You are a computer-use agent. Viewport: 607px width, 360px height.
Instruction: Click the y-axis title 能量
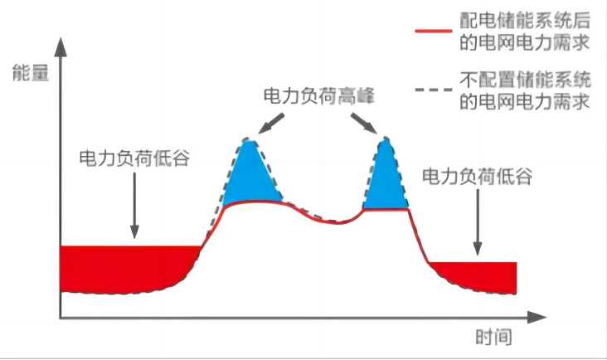click(31, 73)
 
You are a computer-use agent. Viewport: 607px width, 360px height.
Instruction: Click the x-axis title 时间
click(493, 337)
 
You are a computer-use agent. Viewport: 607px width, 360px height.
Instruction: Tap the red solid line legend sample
click(433, 31)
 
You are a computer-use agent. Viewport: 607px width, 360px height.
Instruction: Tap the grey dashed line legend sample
click(433, 90)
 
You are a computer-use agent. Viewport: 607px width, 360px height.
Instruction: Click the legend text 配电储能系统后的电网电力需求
click(525, 31)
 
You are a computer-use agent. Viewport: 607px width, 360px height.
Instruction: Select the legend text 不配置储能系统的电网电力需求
click(525, 90)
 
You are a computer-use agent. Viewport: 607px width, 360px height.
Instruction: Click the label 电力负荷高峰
click(318, 95)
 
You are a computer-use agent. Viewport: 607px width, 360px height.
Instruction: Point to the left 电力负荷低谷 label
click(134, 158)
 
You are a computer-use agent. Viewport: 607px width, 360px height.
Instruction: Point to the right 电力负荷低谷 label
click(477, 177)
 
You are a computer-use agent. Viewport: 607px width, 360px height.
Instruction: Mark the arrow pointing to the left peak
click(271, 124)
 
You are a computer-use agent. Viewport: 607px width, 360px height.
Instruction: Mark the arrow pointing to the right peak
click(364, 124)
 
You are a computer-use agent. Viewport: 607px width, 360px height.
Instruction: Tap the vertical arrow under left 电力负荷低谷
click(134, 206)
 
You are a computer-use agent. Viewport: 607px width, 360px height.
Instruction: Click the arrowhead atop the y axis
click(61, 47)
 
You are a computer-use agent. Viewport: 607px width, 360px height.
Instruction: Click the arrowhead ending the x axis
click(537, 318)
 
